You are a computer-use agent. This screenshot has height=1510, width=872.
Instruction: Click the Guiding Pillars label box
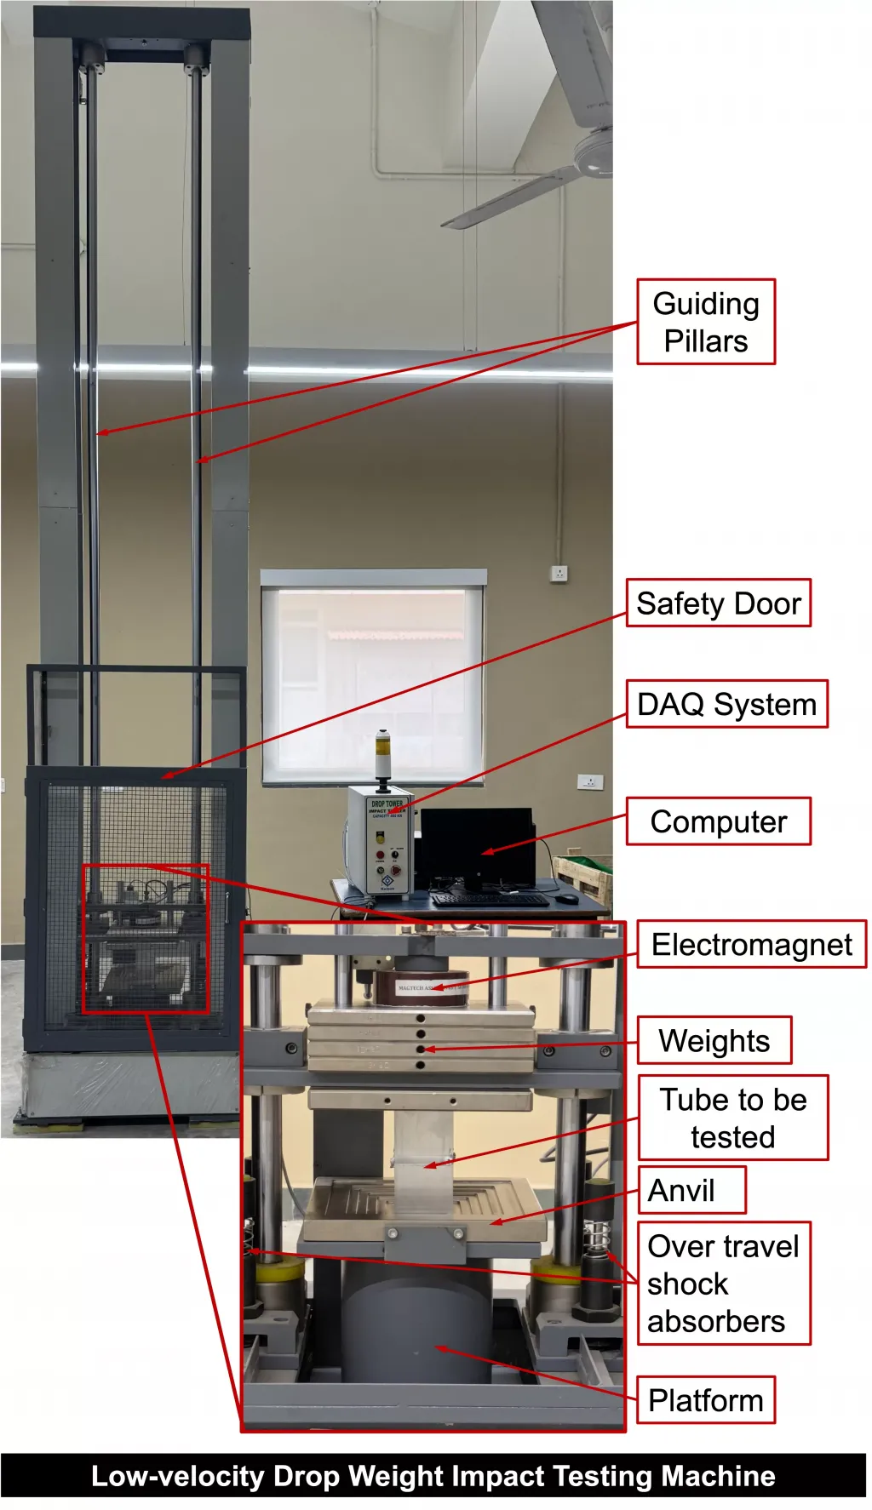coord(706,322)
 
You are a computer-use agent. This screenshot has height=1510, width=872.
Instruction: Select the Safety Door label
coord(718,603)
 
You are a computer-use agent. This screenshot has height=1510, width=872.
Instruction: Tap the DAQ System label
coord(726,704)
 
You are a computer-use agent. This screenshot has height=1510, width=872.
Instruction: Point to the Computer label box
coord(718,821)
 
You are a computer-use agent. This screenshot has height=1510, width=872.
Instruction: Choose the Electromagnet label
coord(751,944)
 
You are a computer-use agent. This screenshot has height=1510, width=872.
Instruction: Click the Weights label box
coord(714,1040)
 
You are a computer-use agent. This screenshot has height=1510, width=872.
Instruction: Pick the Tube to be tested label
coord(732,1118)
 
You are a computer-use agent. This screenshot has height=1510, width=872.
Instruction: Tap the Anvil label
coord(691,1190)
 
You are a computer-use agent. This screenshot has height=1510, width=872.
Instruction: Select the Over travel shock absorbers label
coord(723,1284)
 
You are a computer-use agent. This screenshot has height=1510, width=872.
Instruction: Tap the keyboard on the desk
coord(490,899)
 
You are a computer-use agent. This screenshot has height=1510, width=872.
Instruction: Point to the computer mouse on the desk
coord(568,898)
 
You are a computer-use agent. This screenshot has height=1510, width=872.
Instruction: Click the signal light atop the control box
coord(383,753)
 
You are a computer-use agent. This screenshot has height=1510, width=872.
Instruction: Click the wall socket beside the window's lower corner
coord(590,781)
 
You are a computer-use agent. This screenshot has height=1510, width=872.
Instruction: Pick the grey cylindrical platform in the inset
coord(417,1324)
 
